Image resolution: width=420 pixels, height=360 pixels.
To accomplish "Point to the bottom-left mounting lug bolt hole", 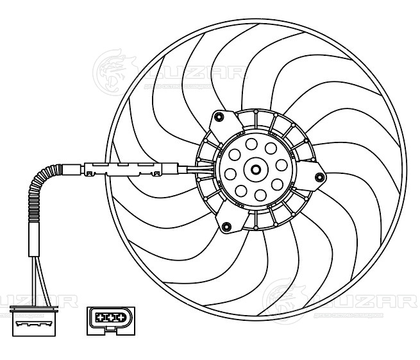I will tap(226, 225).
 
